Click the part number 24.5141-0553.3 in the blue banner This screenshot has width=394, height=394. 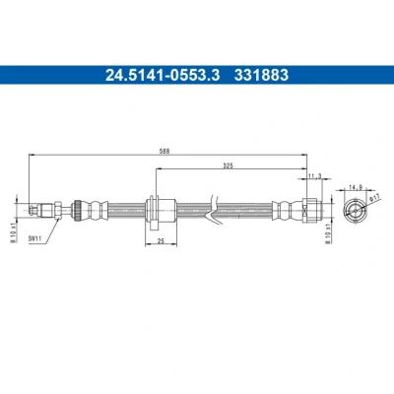pyautogui.click(x=163, y=75)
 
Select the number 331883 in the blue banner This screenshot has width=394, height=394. pyautogui.click(x=261, y=75)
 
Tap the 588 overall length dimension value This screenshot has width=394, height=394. pyautogui.click(x=164, y=151)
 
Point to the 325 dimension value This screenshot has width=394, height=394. pyautogui.click(x=228, y=165)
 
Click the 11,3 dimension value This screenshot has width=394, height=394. pyautogui.click(x=314, y=176)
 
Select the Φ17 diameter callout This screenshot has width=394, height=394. pyautogui.click(x=374, y=198)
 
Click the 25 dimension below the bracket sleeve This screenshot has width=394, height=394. pyautogui.click(x=161, y=241)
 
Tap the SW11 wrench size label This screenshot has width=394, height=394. pyautogui.click(x=34, y=239)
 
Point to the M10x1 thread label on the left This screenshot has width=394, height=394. pyautogui.click(x=14, y=233)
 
